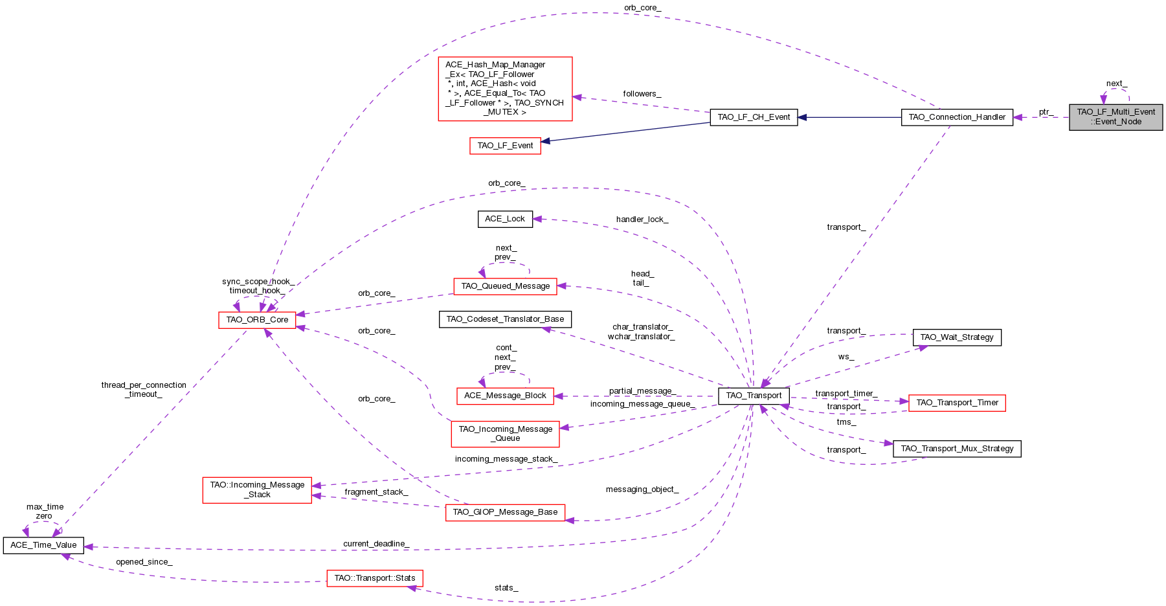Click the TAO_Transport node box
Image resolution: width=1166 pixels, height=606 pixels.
click(754, 396)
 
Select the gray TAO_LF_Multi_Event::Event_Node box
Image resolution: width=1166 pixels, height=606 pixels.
click(1116, 117)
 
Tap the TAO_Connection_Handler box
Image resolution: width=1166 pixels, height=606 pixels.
click(957, 117)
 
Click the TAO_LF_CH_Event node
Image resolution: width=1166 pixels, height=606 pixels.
click(754, 117)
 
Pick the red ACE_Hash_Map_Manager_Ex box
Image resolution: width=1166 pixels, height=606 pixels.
click(505, 89)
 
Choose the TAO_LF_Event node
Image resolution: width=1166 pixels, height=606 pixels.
click(505, 146)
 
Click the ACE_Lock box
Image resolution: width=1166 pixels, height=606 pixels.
click(505, 219)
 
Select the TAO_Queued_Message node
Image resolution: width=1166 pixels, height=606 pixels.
click(505, 286)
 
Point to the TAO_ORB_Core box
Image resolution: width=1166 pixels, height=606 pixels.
click(257, 320)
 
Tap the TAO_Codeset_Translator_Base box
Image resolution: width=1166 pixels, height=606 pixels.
click(505, 319)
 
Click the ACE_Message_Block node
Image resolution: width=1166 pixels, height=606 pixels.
click(505, 396)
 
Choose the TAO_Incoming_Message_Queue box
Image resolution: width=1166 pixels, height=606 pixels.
click(505, 433)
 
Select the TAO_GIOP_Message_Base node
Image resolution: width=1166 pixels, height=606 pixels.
click(505, 512)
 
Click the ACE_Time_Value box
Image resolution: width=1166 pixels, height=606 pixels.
click(43, 545)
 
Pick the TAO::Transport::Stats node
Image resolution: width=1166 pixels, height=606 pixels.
click(375, 578)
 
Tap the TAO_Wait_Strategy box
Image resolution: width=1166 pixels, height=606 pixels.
click(956, 337)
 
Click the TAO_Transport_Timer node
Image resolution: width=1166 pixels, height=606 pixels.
click(957, 403)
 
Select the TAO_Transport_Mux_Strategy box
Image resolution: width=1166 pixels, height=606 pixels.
click(956, 449)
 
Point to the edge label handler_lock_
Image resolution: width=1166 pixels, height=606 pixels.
click(642, 219)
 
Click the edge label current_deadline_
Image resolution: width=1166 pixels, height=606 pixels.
click(376, 544)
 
